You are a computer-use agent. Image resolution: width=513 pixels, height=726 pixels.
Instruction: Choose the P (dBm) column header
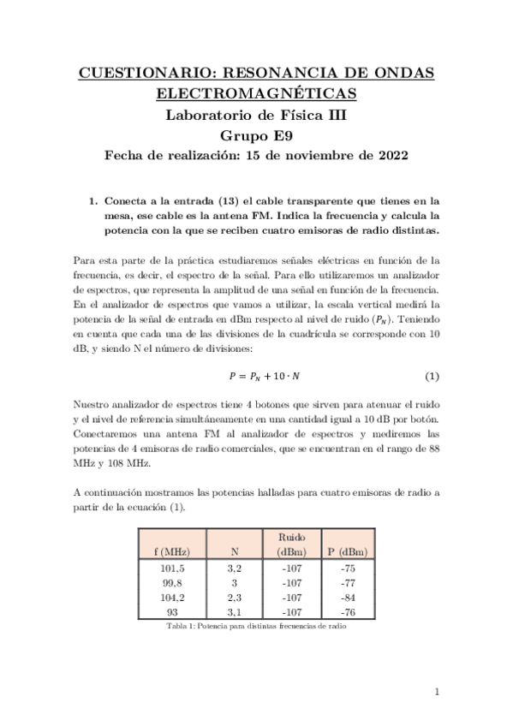click(347, 551)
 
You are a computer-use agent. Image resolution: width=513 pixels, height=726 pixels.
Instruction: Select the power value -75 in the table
click(347, 568)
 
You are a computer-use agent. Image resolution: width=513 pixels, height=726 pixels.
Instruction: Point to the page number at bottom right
click(436, 692)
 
